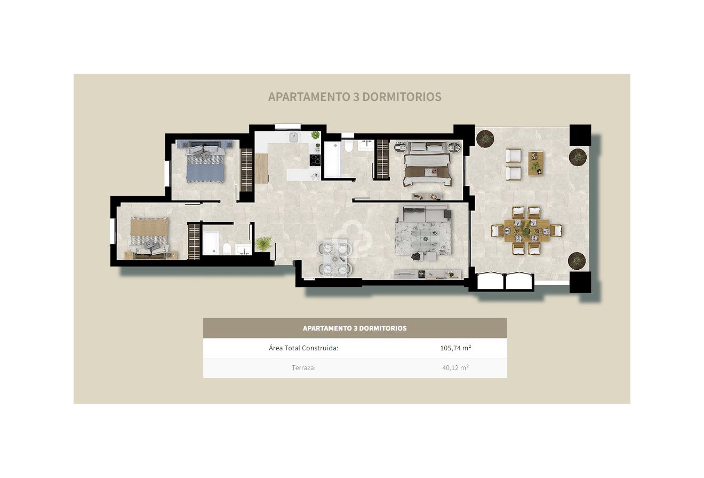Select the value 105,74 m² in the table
[455, 348]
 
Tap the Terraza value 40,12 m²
[455, 367]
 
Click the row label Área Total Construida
[303, 348]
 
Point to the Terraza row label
[303, 367]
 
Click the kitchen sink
[294, 137]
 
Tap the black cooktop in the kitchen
[315, 160]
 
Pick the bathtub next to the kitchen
[332, 158]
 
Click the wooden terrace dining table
[526, 231]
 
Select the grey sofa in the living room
[425, 214]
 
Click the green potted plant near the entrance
[263, 244]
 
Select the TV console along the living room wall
[427, 275]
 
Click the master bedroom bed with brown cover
[427, 166]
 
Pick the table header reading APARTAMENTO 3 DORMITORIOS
[355, 328]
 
